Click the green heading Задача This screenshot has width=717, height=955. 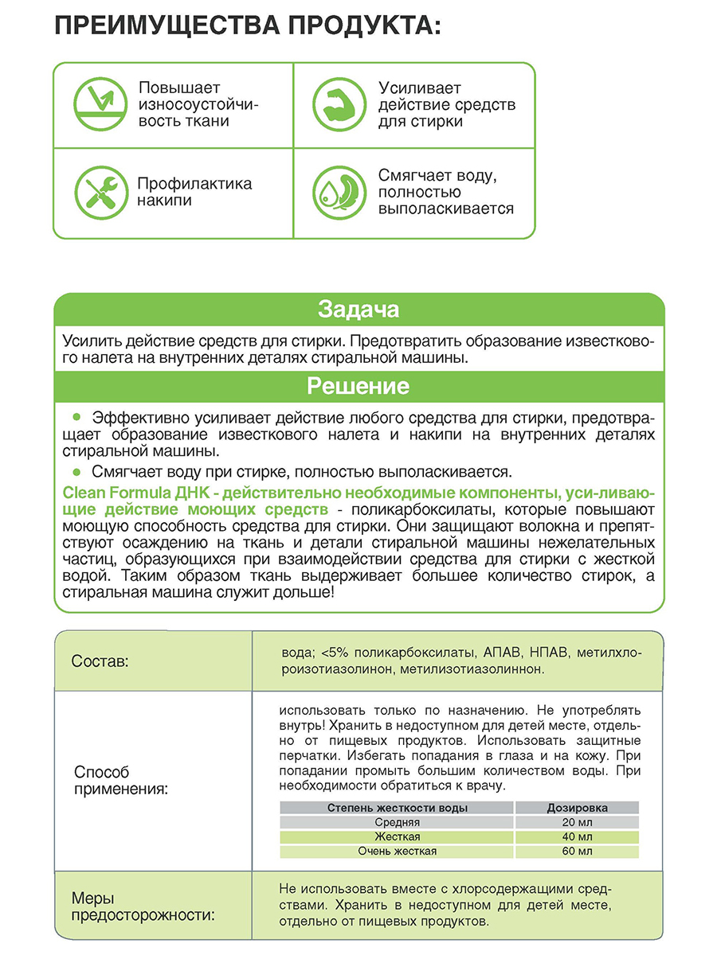pyautogui.click(x=358, y=309)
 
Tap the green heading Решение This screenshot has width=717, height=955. pyautogui.click(x=358, y=387)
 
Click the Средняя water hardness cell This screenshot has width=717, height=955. pyautogui.click(x=398, y=822)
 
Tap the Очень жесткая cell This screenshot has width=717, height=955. pyautogui.click(x=398, y=851)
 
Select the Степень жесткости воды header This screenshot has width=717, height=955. pyautogui.click(x=398, y=808)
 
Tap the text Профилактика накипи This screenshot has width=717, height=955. pyautogui.click(x=194, y=192)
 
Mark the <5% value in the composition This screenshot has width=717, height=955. pyautogui.click(x=334, y=653)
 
